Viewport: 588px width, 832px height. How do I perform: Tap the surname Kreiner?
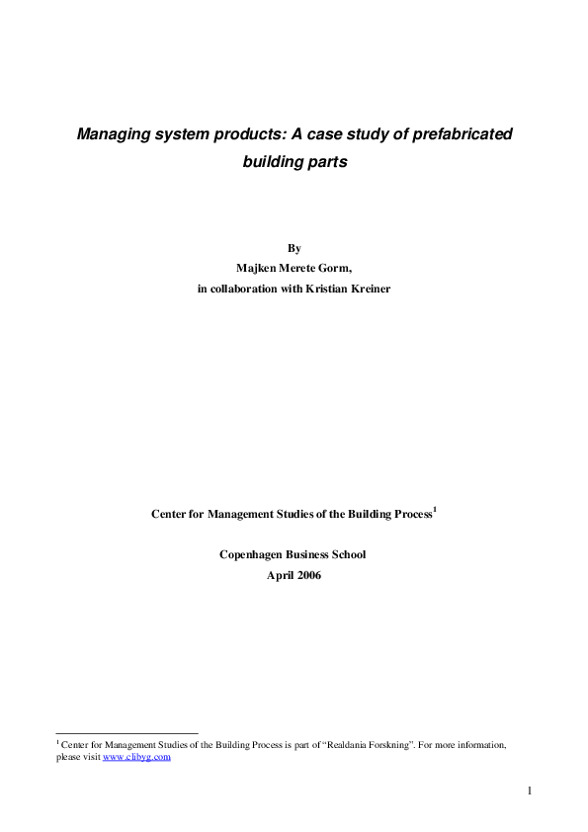pyautogui.click(x=366, y=288)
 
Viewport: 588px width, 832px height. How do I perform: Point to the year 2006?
pyautogui.click(x=308, y=574)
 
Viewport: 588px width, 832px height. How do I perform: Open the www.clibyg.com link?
pyautogui.click(x=137, y=757)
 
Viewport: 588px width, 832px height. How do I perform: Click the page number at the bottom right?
pyautogui.click(x=530, y=790)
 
